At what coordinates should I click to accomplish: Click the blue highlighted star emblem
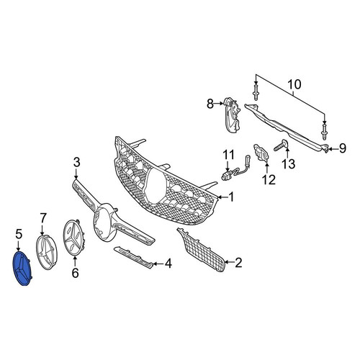pyautogui.click(x=22, y=269)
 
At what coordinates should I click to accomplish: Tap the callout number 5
pyautogui.click(x=19, y=234)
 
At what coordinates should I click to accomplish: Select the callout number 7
pyautogui.click(x=42, y=218)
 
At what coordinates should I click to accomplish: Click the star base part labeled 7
pyautogui.click(x=47, y=253)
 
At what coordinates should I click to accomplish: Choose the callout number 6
pyautogui.click(x=76, y=273)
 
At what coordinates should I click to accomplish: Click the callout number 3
pyautogui.click(x=76, y=163)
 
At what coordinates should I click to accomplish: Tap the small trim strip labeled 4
pyautogui.click(x=133, y=257)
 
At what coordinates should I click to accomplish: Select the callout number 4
pyautogui.click(x=168, y=264)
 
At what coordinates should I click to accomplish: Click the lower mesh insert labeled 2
pyautogui.click(x=201, y=251)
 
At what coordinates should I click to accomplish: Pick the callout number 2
pyautogui.click(x=238, y=263)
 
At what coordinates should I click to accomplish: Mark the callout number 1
pyautogui.click(x=231, y=197)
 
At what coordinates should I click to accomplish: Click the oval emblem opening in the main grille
pyautogui.click(x=156, y=185)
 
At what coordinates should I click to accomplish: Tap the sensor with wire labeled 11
pyautogui.click(x=235, y=168)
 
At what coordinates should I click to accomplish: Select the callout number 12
pyautogui.click(x=269, y=180)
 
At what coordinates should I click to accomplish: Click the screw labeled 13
pyautogui.click(x=282, y=145)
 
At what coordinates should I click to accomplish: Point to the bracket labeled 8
pyautogui.click(x=231, y=114)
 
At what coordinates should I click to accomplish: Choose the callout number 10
pyautogui.click(x=294, y=85)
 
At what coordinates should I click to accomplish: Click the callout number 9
pyautogui.click(x=343, y=148)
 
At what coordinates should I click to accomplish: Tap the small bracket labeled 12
pyautogui.click(x=261, y=153)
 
